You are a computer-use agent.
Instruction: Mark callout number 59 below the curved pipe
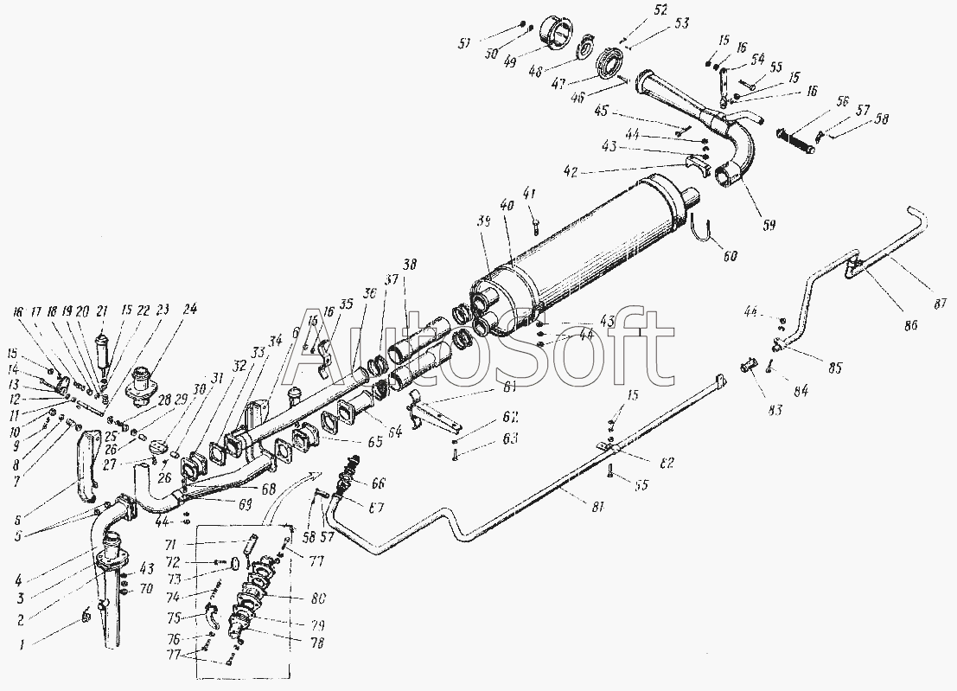768,226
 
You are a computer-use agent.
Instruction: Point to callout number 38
409,266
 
